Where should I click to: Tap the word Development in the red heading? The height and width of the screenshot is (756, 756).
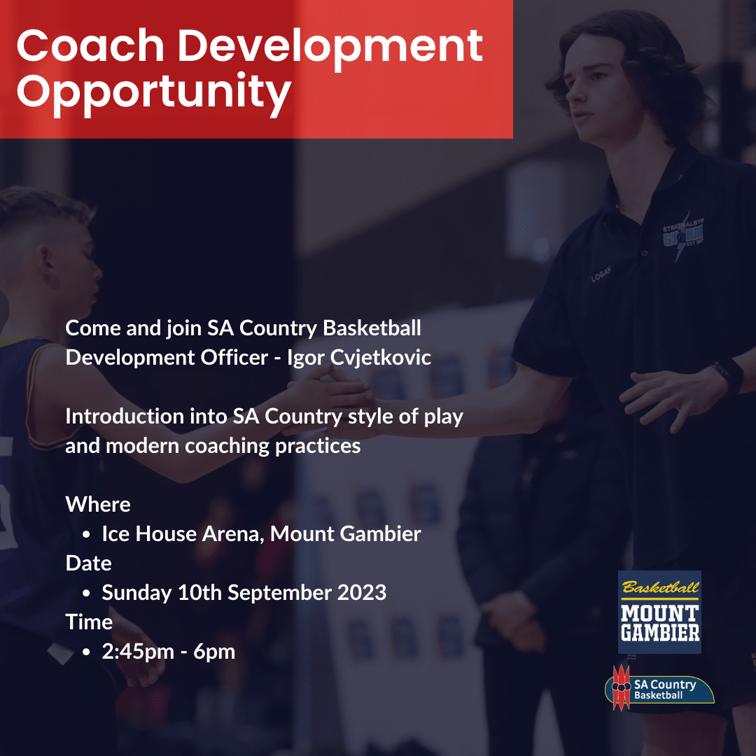point(330,46)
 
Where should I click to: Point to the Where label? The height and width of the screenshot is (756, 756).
point(98,505)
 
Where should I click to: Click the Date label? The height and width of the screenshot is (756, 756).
point(89,563)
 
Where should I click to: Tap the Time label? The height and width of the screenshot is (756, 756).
point(89,622)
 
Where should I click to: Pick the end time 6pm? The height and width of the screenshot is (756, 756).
point(215,652)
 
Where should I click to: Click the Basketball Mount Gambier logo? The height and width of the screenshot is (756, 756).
point(659,612)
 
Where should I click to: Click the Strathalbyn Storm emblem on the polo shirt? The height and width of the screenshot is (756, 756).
point(682,237)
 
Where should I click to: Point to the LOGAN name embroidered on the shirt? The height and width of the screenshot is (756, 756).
point(601,274)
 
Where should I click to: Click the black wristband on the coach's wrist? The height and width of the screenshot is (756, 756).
point(729,375)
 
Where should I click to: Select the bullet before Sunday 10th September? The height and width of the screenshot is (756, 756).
point(86,594)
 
